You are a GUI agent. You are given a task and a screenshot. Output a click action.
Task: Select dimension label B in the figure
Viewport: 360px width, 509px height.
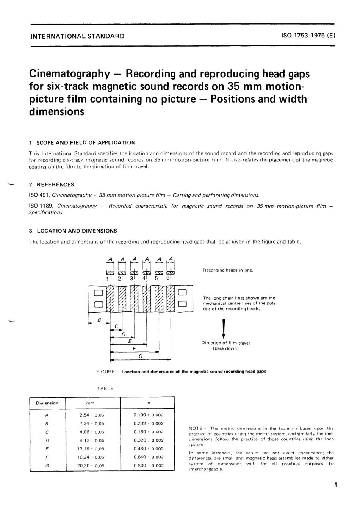point(99,320)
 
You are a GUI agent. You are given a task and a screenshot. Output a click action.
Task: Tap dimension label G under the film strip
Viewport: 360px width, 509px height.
point(141,356)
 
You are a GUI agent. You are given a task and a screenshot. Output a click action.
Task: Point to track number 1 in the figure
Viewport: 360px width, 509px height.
point(108,278)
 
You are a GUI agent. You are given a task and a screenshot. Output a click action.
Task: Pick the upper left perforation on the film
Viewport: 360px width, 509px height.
point(99,292)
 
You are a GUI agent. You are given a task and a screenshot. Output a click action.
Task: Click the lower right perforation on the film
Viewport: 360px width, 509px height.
point(182,303)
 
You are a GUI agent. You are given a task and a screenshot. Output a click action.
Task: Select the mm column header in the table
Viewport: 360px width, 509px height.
point(90,403)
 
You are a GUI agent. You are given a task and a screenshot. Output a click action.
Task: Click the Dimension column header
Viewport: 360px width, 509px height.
point(47,403)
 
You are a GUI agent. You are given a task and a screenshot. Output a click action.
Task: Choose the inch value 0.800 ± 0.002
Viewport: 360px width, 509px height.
point(148,465)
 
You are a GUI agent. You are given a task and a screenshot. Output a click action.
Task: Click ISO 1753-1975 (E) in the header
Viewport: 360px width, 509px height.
point(308,36)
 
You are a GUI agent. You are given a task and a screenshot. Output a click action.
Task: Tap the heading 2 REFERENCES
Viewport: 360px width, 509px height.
point(52,185)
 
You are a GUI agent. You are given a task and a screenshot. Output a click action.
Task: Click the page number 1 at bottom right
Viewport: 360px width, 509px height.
point(335,485)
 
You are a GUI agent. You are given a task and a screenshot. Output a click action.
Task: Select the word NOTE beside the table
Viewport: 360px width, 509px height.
point(195,428)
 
